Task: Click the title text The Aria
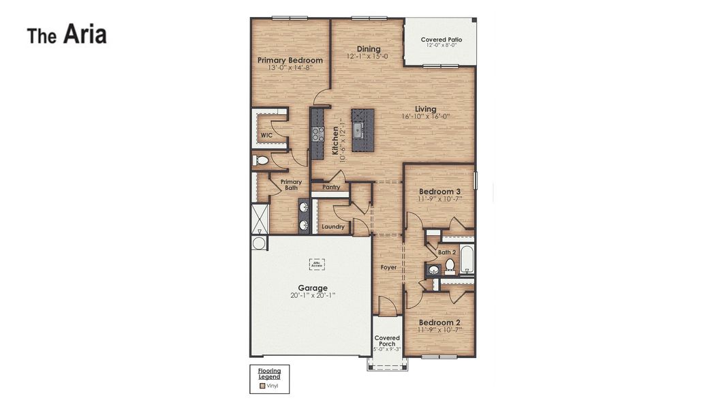pos(67,35)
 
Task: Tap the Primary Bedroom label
pos(290,60)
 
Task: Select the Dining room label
pos(369,48)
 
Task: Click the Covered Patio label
pos(442,40)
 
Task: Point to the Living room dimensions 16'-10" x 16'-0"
pos(426,117)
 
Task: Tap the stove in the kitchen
pos(318,134)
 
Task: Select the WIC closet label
pos(266,136)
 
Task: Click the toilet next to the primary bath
pos(260,161)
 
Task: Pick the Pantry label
pos(331,187)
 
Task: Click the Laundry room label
pos(333,226)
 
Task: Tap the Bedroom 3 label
pos(439,192)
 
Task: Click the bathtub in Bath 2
pos(467,258)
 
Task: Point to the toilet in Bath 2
pos(450,264)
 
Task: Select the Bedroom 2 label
pos(439,322)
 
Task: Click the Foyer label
pos(388,267)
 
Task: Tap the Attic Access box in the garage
pos(317,264)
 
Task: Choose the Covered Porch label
pos(387,340)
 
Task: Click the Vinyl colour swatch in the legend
pos(262,386)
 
